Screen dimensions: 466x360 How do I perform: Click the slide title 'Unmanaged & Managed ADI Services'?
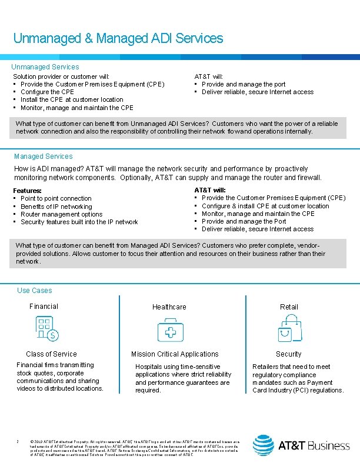click(x=118, y=39)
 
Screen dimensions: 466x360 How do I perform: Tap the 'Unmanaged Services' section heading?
click(x=45, y=67)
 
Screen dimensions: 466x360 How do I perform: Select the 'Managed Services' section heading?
click(x=43, y=157)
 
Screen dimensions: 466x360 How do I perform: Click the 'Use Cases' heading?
click(x=35, y=291)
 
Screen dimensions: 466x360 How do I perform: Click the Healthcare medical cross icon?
click(x=170, y=330)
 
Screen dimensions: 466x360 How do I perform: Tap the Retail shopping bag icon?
click(x=289, y=329)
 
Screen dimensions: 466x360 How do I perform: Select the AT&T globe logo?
click(x=263, y=445)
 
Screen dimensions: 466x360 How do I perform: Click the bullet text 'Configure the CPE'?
click(x=47, y=92)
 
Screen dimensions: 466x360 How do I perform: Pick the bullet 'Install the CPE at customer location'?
click(x=72, y=100)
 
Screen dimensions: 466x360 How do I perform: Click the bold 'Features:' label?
click(x=28, y=191)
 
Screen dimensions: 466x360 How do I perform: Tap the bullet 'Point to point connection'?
click(x=56, y=199)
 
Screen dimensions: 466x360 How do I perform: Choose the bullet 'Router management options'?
click(x=61, y=214)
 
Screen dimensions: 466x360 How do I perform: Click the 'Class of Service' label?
click(x=51, y=354)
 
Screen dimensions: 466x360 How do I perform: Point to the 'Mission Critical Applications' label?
click(x=175, y=354)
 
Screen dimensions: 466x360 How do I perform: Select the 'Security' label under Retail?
click(x=289, y=354)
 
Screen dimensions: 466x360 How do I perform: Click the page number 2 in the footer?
click(x=19, y=441)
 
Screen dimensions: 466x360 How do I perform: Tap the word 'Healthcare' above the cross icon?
click(x=169, y=307)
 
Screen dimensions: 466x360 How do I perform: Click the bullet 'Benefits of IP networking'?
click(x=56, y=207)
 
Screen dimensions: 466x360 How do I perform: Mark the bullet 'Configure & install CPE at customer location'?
click(x=265, y=206)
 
